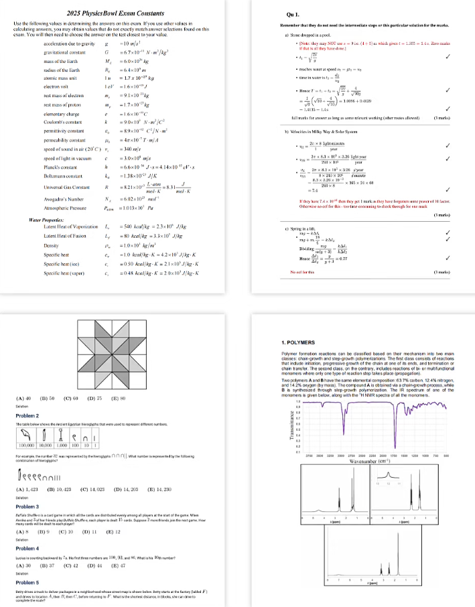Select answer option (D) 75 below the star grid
95,399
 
